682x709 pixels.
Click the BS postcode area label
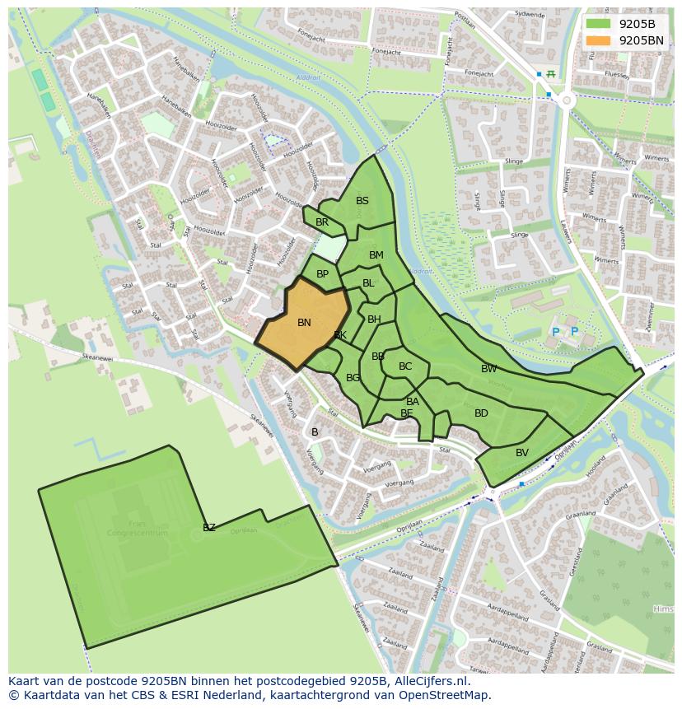[x=362, y=201]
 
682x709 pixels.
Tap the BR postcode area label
[x=322, y=222]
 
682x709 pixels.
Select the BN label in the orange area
[x=304, y=323]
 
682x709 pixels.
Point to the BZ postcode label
[x=209, y=528]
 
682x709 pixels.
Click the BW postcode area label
[x=489, y=369]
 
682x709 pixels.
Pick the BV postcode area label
[x=522, y=453]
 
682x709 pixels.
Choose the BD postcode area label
[x=481, y=413]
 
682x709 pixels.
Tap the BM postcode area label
[x=376, y=255]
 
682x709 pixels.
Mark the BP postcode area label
[x=322, y=274]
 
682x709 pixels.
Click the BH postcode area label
[x=374, y=320]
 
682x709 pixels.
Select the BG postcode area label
[x=353, y=378]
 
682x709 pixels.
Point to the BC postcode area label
[x=405, y=366]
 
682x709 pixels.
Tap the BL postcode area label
[x=368, y=283]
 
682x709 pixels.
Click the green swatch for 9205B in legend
[x=599, y=23]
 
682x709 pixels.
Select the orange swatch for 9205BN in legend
[x=599, y=40]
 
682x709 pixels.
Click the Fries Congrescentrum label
[x=137, y=528]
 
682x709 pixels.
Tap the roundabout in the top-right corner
[x=566, y=100]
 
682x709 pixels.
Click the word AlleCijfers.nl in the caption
[x=427, y=681]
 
